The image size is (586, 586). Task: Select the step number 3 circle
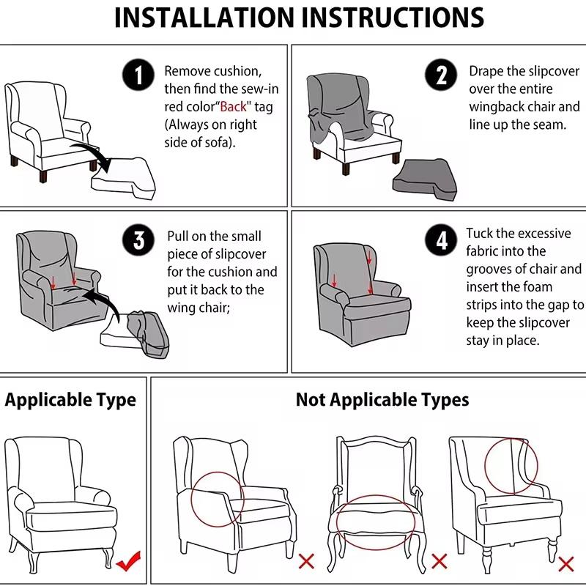pos(139,241)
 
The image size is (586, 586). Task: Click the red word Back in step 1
pos(234,107)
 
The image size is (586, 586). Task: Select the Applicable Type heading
pos(70,400)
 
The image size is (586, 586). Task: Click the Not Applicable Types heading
pos(382,400)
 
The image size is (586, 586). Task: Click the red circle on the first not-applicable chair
pos(218,497)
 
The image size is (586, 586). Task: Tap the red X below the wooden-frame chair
pos(439,561)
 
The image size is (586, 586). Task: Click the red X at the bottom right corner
pos(565,563)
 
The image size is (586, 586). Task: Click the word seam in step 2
pos(546,125)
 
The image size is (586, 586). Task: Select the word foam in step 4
pos(538,286)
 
